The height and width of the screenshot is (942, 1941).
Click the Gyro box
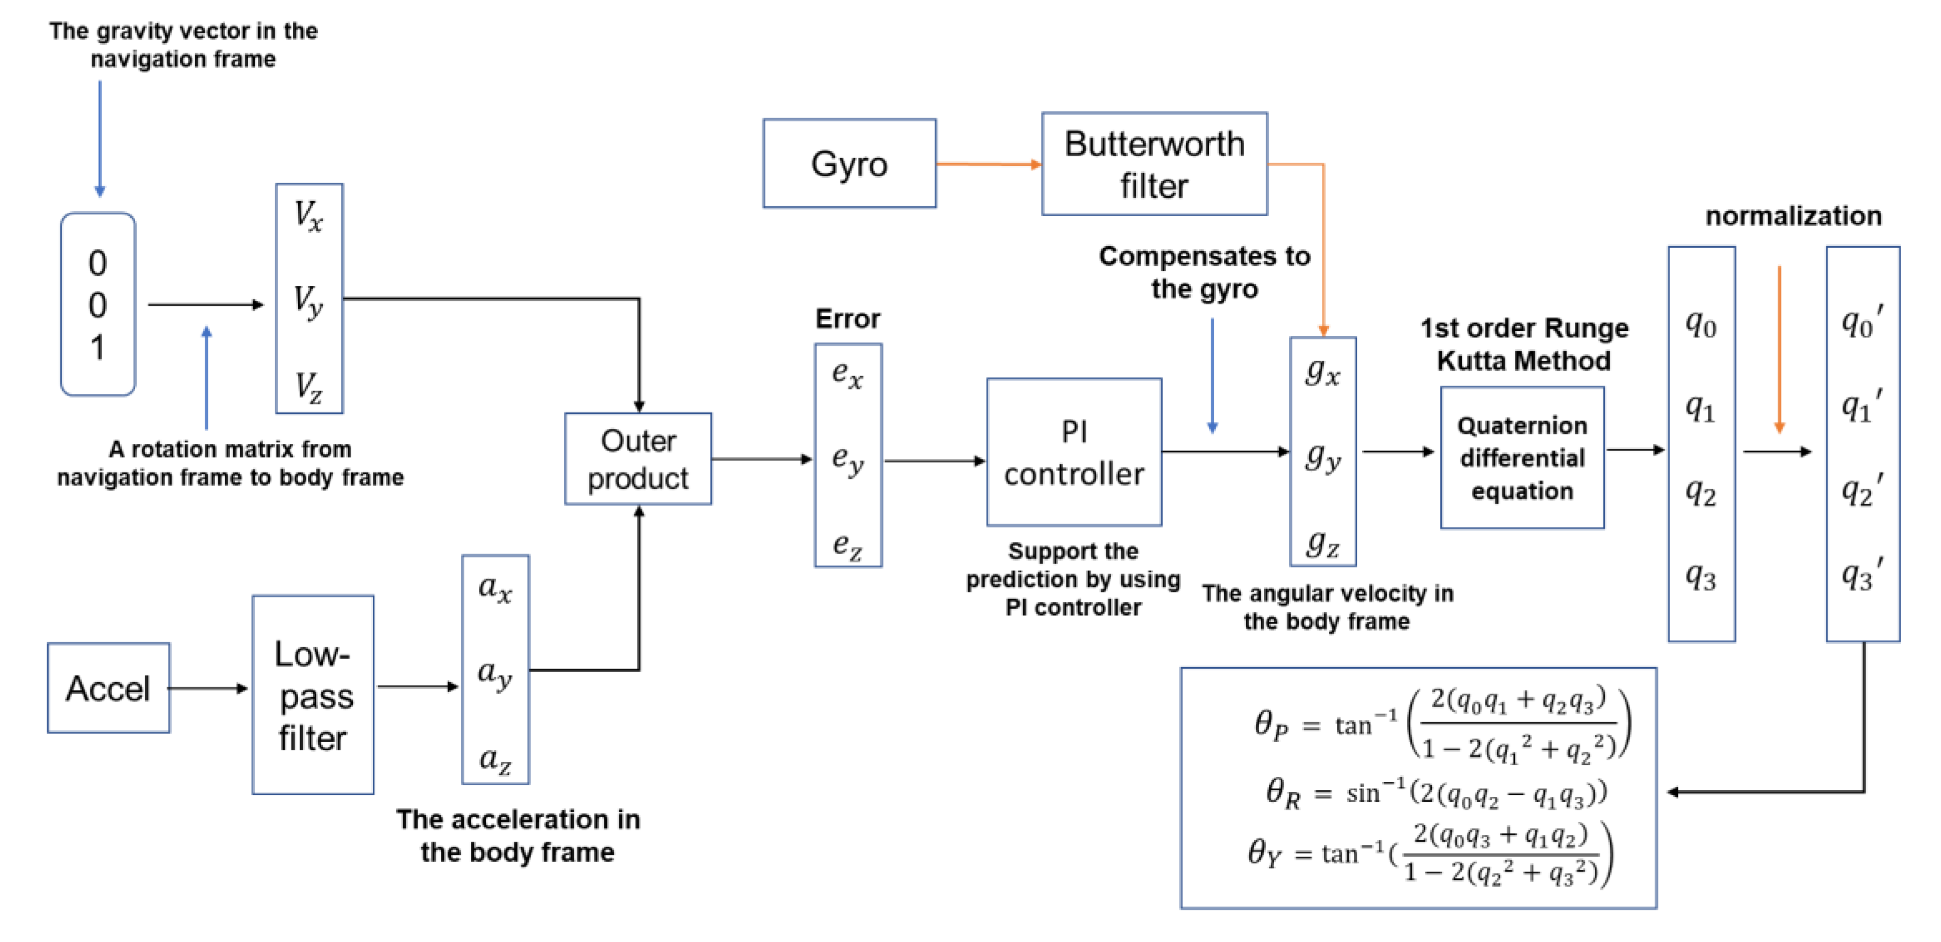pos(849,163)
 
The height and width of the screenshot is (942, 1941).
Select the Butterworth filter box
pos(1154,164)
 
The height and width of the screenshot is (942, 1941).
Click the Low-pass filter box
pos(313,695)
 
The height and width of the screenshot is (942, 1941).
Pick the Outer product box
pos(638,459)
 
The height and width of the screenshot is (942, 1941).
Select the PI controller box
pos(1074,452)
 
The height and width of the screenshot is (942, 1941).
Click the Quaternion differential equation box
pos(1522,458)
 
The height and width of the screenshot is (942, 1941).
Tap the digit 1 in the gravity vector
pos(97,348)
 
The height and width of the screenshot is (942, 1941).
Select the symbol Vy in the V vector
pos(308,301)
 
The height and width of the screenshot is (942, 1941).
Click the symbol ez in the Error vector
pos(848,544)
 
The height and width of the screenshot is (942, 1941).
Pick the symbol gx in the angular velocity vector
pos(1323,371)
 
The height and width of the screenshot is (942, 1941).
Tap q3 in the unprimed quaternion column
pos(1701,577)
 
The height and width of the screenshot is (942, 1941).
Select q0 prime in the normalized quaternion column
pos(1861,322)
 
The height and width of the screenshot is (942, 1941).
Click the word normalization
pos(1793,216)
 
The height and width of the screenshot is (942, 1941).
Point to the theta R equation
pos(1435,793)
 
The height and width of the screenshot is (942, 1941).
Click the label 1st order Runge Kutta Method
pos(1523,345)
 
